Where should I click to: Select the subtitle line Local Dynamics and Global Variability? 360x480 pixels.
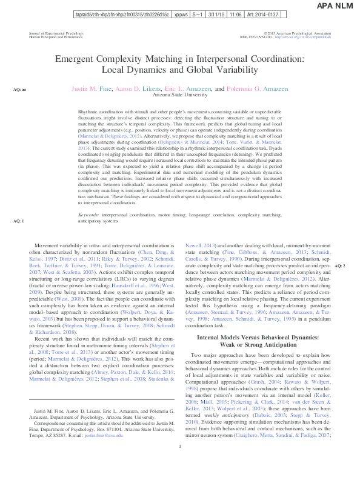[180, 70]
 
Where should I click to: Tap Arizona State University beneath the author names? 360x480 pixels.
[180, 95]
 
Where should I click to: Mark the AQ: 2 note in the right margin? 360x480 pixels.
[340, 266]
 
